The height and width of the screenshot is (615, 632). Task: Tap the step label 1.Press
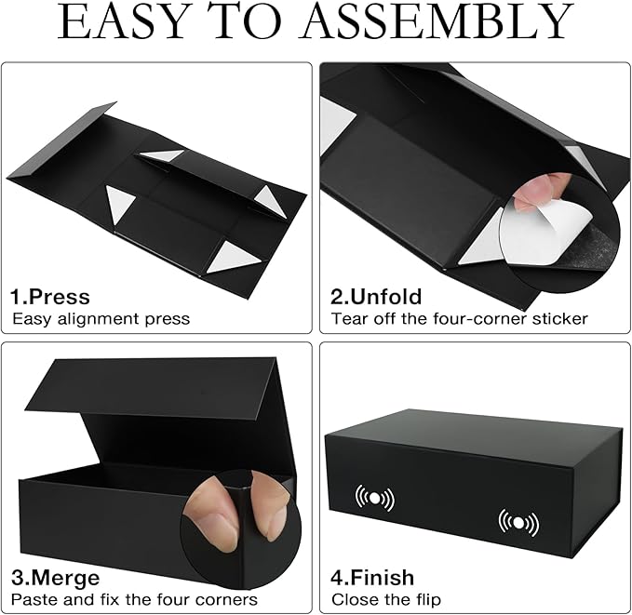(x=50, y=297)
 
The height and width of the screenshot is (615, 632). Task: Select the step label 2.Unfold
(x=377, y=297)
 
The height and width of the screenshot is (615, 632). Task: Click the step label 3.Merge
(x=54, y=577)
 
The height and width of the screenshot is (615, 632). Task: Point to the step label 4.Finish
(x=372, y=577)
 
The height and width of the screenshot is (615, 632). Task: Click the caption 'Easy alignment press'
(x=101, y=319)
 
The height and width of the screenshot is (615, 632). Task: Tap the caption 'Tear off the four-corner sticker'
(x=460, y=319)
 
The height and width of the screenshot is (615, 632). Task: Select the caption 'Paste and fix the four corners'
(x=134, y=599)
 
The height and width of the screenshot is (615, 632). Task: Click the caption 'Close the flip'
(x=386, y=599)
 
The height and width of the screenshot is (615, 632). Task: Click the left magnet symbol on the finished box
(x=374, y=498)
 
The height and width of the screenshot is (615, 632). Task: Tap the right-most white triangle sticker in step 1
(x=270, y=201)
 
